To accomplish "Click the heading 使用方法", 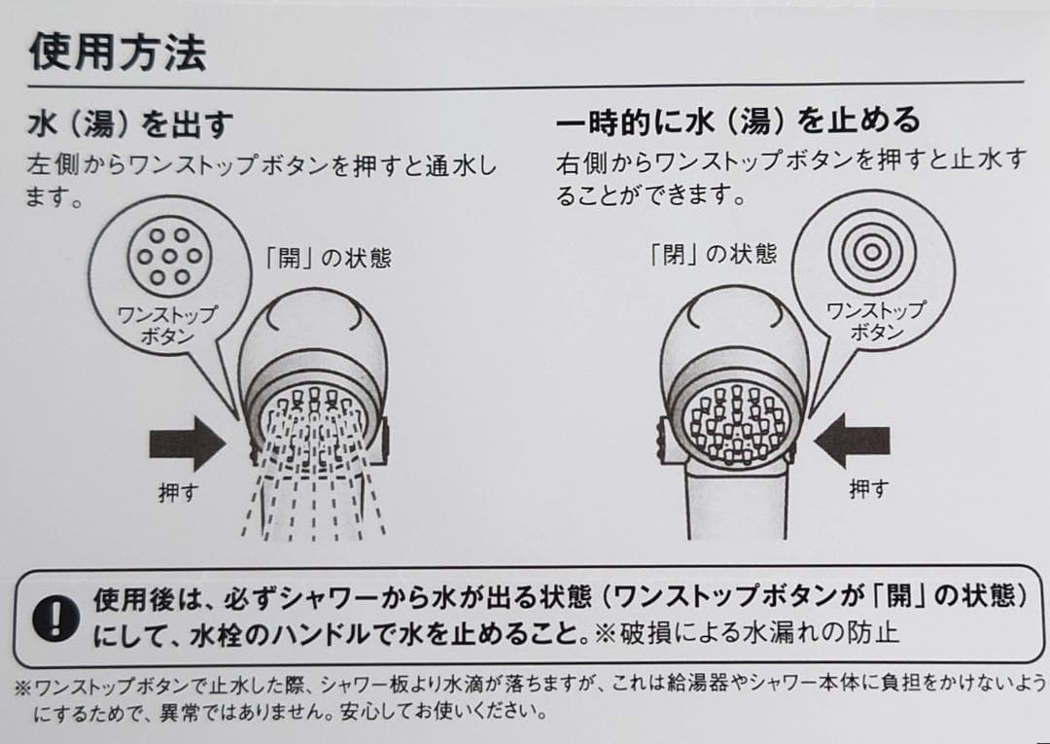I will (117, 52).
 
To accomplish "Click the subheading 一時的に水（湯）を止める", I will (738, 121).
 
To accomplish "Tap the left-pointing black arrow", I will (852, 443).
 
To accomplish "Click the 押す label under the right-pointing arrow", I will (178, 492).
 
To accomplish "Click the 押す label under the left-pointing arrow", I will (868, 488).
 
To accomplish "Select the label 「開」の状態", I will (328, 259).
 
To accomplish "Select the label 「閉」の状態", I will (715, 255).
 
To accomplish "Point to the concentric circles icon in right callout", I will (872, 250).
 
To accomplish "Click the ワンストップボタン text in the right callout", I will (875, 321).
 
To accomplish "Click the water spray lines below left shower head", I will (311, 501).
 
